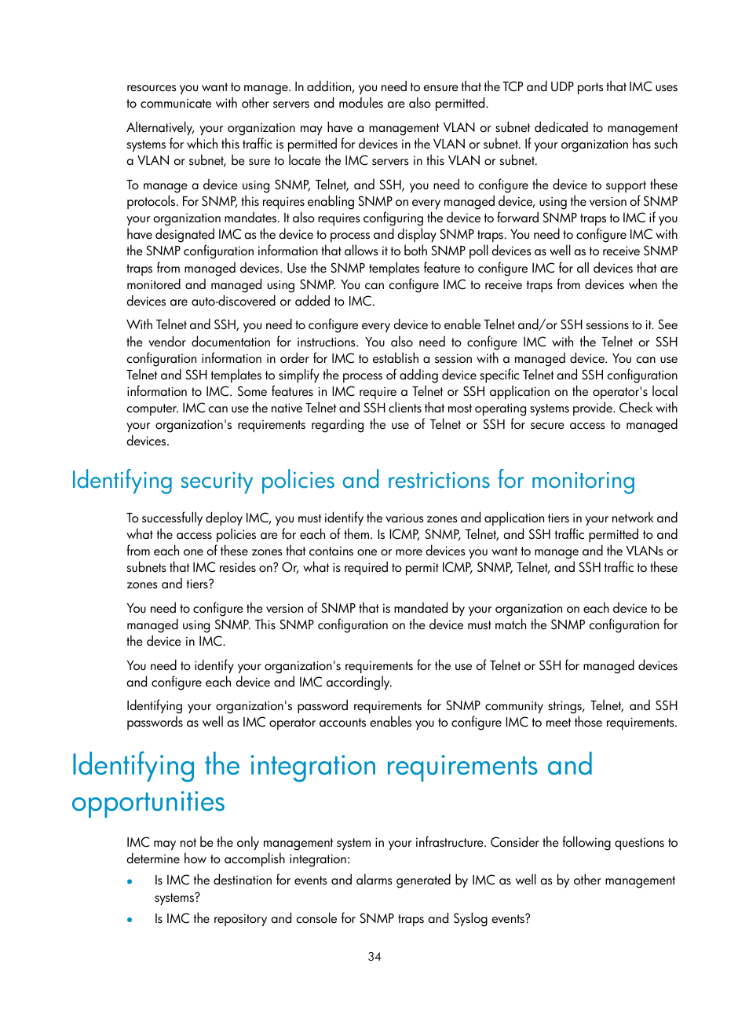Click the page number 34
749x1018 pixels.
374,957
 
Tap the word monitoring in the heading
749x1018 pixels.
583,481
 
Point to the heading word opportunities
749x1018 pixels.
148,802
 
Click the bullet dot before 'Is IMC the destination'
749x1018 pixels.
130,881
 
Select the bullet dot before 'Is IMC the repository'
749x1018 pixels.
130,920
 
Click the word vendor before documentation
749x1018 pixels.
166,342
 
